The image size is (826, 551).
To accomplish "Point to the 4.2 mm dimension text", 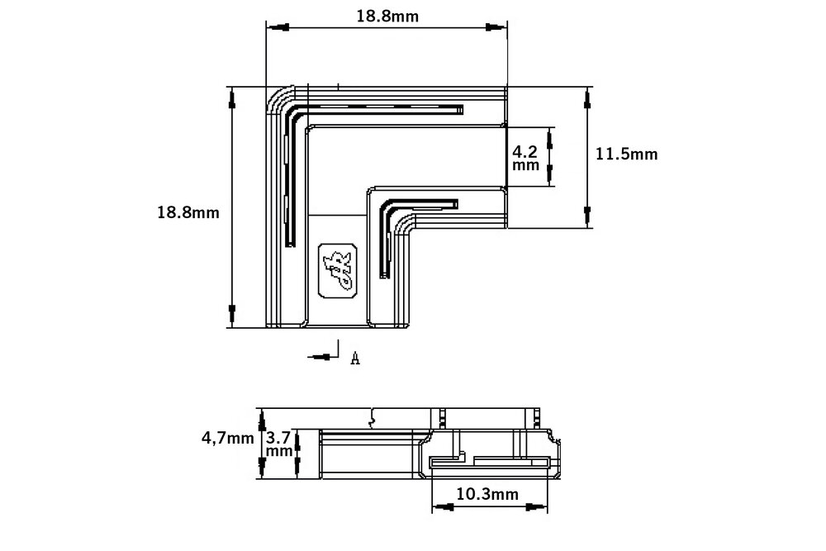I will coord(525,158).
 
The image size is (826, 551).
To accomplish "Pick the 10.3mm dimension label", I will coord(487,494).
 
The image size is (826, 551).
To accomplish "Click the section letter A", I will coord(354,358).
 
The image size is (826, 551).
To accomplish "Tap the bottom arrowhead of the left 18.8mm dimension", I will coord(232,315).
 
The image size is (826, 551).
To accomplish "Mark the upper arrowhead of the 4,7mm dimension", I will coord(261,418).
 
